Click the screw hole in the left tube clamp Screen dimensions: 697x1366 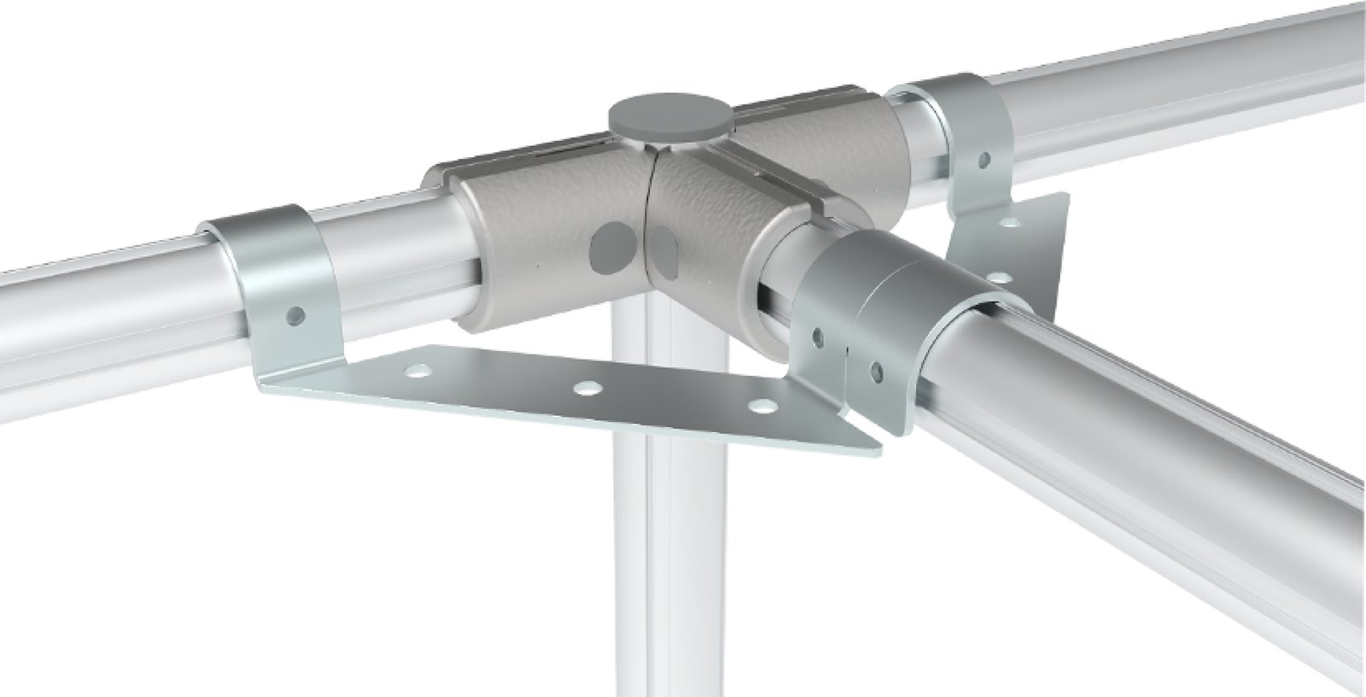[x=295, y=315]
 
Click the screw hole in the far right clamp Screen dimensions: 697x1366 [x=984, y=159]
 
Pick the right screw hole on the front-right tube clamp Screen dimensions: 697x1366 [x=876, y=370]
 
